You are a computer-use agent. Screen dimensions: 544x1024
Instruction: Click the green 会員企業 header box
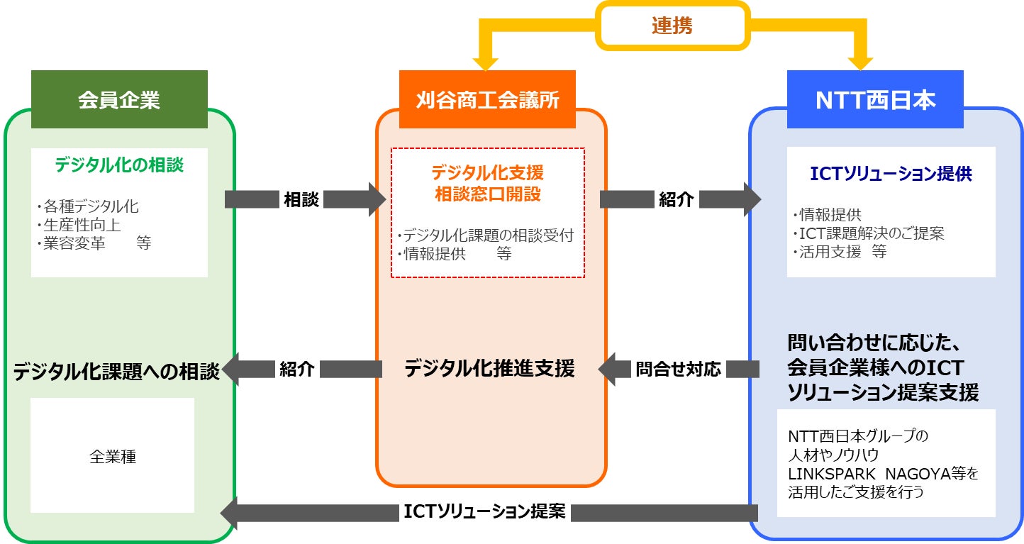click(119, 99)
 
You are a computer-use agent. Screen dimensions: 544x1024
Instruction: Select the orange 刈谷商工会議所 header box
click(487, 99)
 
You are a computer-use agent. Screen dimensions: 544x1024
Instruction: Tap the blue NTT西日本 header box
click(875, 99)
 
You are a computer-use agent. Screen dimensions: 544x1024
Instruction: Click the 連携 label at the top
click(672, 26)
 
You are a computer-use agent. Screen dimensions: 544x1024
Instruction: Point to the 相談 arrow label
click(301, 200)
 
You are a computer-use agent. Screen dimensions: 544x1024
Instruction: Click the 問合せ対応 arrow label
click(678, 369)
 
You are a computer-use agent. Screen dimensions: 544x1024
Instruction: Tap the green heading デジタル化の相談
click(119, 165)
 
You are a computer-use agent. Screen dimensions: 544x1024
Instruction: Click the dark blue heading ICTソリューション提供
click(891, 173)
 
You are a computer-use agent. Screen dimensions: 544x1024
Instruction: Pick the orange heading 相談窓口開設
click(487, 194)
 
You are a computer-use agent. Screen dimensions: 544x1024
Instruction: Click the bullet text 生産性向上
click(81, 226)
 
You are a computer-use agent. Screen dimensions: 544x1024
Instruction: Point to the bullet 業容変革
click(74, 243)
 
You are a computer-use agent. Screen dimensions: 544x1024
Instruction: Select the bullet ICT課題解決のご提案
click(869, 233)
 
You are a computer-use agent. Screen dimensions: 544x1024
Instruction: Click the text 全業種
click(113, 457)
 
